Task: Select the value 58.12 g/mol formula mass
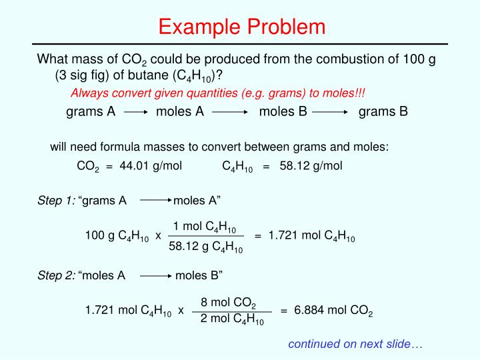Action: (311, 166)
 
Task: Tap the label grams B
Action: (383, 111)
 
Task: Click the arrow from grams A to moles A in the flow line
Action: (135, 112)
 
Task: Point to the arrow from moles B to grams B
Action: (332, 112)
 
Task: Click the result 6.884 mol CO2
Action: (333, 311)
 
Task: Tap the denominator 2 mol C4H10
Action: (232, 319)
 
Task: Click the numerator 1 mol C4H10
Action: (205, 228)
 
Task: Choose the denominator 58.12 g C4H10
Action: (205, 247)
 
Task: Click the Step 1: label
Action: (56, 200)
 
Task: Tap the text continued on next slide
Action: (355, 344)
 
